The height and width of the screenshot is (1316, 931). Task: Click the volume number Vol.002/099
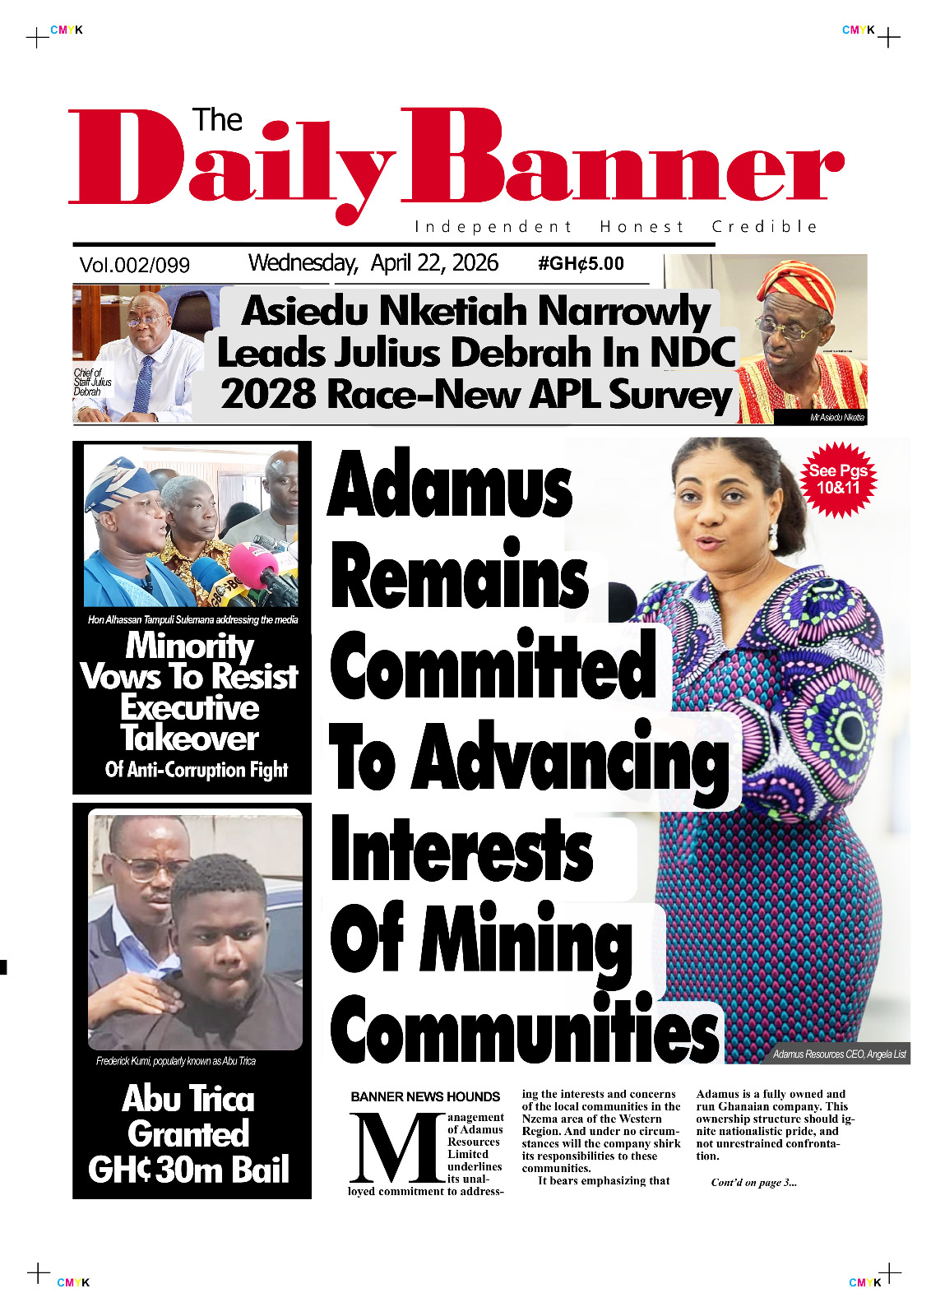pyautogui.click(x=134, y=265)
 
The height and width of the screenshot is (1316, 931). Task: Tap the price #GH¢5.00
pyautogui.click(x=581, y=264)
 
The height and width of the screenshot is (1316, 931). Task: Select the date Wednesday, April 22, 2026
pyautogui.click(x=373, y=263)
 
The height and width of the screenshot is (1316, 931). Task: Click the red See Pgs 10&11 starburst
pyautogui.click(x=837, y=480)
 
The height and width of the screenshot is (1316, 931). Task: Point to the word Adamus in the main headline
pyautogui.click(x=450, y=485)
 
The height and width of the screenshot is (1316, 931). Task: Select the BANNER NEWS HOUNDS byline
pyautogui.click(x=425, y=1097)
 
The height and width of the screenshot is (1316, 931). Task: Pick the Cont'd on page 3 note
pyautogui.click(x=753, y=1183)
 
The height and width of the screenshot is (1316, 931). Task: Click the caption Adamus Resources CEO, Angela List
pyautogui.click(x=839, y=1054)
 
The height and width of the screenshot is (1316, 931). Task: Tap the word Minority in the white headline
pyautogui.click(x=190, y=646)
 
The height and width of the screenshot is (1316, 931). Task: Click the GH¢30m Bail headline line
pyautogui.click(x=189, y=1170)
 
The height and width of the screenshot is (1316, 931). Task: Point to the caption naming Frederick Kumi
pyautogui.click(x=176, y=1061)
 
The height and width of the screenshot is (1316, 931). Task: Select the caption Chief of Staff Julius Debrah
pyautogui.click(x=92, y=382)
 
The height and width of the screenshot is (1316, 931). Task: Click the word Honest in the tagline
pyautogui.click(x=642, y=227)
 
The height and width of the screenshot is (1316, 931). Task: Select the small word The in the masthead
pyautogui.click(x=217, y=121)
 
